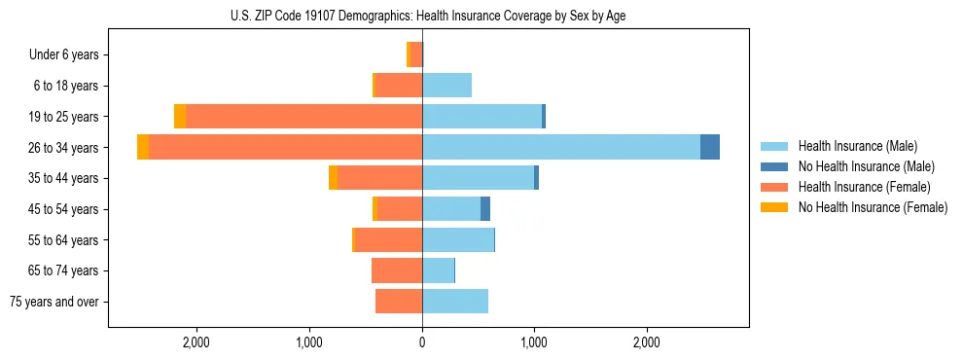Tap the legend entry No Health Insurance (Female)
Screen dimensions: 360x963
873,207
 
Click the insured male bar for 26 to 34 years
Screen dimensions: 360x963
560,147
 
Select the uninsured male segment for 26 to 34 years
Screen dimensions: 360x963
710,147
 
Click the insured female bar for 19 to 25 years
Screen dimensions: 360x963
303,116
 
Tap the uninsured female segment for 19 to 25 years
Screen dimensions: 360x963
180,116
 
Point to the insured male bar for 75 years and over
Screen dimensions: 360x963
455,302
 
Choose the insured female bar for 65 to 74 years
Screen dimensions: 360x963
397,270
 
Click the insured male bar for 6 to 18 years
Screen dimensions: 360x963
446,86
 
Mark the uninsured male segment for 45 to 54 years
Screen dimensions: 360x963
485,209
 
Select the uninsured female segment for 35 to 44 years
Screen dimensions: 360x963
334,178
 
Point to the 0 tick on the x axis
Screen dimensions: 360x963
422,342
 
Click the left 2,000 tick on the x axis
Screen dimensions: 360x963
196,342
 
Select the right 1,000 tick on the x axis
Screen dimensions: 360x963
534,342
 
